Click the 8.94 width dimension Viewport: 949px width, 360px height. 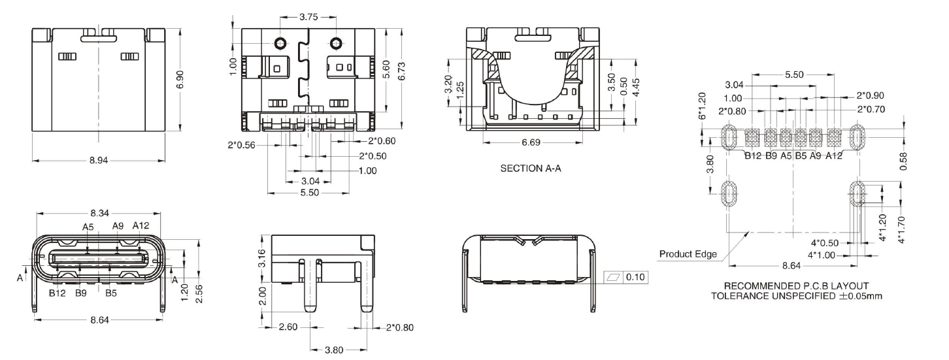coord(99,161)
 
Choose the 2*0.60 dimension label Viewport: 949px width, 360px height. coord(382,140)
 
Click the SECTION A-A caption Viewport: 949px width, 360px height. coord(531,169)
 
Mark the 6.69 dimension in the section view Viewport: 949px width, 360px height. coord(530,142)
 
